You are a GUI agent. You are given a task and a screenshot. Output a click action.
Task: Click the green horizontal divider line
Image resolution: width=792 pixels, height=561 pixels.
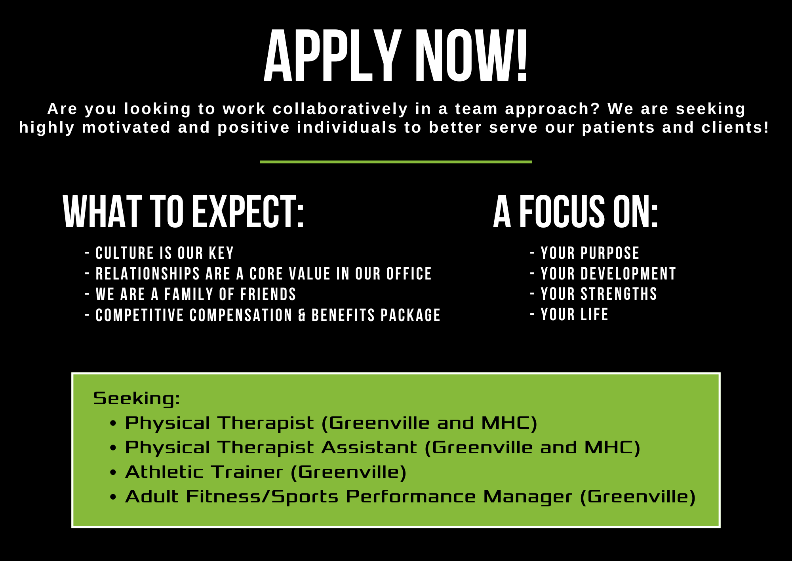coord(396,162)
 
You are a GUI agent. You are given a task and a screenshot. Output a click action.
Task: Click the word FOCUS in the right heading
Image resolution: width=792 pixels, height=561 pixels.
coord(562,212)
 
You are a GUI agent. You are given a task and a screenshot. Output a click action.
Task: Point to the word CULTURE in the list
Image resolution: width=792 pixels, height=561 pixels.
coord(125,253)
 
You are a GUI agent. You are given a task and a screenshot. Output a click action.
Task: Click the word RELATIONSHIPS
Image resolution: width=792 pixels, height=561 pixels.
coord(148,274)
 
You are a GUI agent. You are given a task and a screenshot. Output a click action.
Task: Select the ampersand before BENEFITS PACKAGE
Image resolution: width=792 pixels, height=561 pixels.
coord(302,316)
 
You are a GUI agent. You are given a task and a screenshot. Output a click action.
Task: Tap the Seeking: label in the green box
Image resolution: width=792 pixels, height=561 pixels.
coord(137,398)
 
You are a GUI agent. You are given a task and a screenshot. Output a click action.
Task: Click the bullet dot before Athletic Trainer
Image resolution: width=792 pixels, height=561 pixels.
coord(113,473)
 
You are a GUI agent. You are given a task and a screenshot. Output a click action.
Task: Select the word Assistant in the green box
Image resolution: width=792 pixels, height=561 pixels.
coord(369,448)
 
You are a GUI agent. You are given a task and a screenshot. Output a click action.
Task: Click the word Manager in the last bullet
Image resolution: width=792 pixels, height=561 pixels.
coord(527,497)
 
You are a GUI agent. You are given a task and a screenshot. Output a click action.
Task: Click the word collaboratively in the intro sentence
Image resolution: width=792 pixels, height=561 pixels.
coord(340,109)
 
